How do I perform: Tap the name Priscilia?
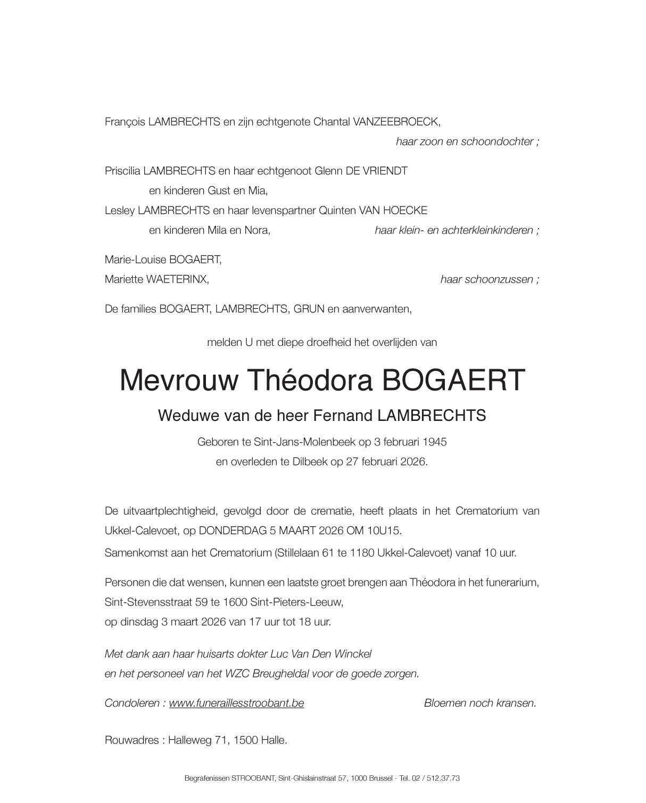[123, 171]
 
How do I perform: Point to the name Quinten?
[337, 210]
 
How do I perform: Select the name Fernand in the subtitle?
[343, 415]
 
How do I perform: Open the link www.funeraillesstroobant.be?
[236, 703]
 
